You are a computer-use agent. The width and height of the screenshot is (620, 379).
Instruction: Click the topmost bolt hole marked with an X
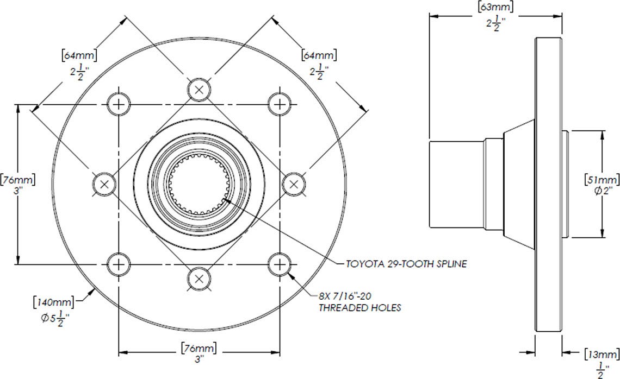coord(200,89)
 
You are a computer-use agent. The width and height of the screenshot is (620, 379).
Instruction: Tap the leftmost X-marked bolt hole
coord(104,184)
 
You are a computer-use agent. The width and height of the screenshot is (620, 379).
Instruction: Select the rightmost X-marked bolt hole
coord(295,184)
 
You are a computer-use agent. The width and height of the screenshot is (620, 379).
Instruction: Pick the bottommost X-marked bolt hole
coord(200,279)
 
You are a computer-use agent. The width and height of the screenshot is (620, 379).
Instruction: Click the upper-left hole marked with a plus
coord(119,104)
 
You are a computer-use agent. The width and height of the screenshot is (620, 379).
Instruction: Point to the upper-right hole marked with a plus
coord(280,104)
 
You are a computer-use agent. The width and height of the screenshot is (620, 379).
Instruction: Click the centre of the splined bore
coord(200,184)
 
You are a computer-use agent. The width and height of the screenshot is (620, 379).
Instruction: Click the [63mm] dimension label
coord(495,7)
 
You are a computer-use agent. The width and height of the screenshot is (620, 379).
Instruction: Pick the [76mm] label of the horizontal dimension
coord(200,348)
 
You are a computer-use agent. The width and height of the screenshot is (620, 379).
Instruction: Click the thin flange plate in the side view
coord(549,185)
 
